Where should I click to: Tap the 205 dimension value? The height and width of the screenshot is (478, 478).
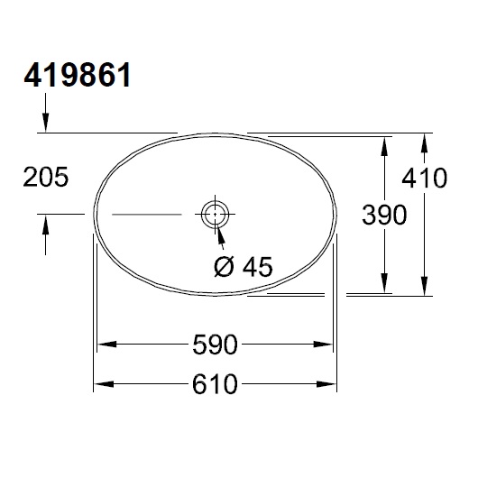pyautogui.click(x=44, y=178)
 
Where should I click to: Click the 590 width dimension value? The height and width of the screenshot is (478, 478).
pyautogui.click(x=215, y=345)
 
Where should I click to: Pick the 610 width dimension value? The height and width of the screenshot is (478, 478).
pyautogui.click(x=215, y=384)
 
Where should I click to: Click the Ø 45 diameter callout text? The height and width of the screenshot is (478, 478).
pyautogui.click(x=244, y=267)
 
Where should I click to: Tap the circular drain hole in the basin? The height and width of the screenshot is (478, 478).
pyautogui.click(x=215, y=215)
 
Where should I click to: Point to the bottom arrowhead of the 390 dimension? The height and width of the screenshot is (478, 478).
pyautogui.click(x=387, y=284)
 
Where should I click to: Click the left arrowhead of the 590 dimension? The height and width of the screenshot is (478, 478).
pyautogui.click(x=106, y=345)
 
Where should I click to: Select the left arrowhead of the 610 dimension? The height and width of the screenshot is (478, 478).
pyautogui.click(x=104, y=384)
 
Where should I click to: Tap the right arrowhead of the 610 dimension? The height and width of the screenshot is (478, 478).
pyautogui.click(x=327, y=384)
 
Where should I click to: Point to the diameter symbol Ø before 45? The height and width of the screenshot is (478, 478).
pyautogui.click(x=225, y=267)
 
